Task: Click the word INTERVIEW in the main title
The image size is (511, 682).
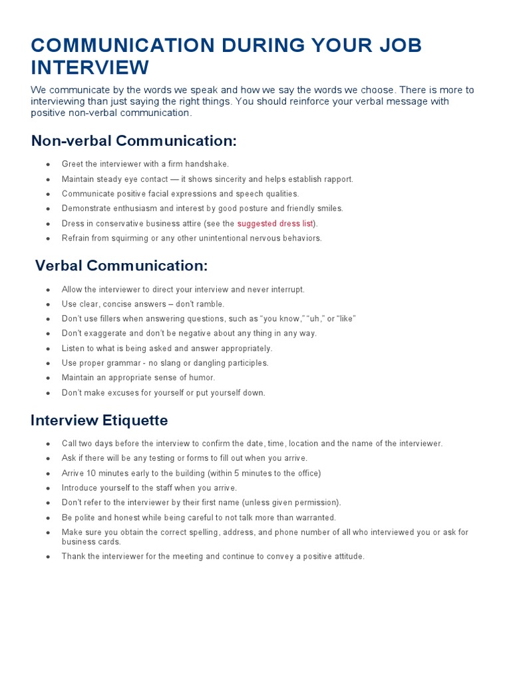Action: (90, 68)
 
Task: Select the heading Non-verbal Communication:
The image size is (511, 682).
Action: (134, 141)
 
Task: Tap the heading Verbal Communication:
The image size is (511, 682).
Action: (122, 266)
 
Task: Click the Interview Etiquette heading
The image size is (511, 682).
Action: (99, 420)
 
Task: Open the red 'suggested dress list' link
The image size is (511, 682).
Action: (275, 223)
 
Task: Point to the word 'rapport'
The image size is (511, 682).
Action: (337, 179)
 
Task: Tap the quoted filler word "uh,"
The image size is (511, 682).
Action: (313, 319)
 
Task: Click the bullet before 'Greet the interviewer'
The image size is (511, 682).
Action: (48, 165)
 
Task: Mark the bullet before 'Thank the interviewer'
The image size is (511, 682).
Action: (48, 557)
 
